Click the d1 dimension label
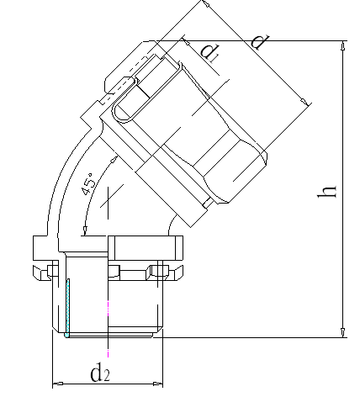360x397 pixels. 211,53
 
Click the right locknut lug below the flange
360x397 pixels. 163,271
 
